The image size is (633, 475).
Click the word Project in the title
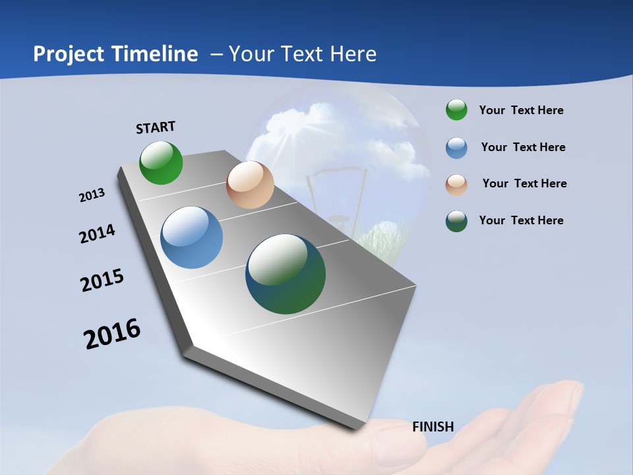coord(68,54)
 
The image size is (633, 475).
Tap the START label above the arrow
coord(156,127)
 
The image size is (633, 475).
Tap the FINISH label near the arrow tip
coord(433,427)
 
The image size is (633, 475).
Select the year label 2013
coord(92,195)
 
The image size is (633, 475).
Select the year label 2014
coord(97,234)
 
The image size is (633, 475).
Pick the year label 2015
coord(102,280)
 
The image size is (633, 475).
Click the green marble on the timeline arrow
coord(161,162)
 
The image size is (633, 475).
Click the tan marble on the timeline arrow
coord(250,185)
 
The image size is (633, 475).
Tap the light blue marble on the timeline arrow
coord(192,237)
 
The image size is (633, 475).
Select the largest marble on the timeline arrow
coord(286,274)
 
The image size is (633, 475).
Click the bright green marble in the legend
coord(456,110)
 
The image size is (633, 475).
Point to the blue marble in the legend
coord(456,148)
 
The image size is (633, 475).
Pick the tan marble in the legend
coord(456,185)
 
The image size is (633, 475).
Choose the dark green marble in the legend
coord(456,221)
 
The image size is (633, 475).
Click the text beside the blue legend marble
coord(523,147)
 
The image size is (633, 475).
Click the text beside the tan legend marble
coord(524,183)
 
